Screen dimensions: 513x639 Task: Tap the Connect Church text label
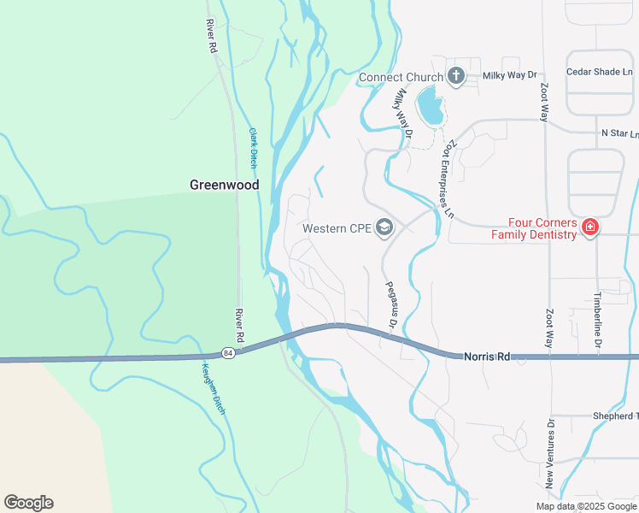[401, 78]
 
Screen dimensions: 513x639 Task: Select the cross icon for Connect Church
[456, 76]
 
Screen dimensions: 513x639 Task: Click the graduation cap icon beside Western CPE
[384, 227]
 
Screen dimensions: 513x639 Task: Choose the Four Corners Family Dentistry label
[533, 229]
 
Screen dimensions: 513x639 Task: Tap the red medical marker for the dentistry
[589, 227]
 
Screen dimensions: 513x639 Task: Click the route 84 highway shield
[226, 353]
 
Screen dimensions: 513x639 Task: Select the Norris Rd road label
[486, 356]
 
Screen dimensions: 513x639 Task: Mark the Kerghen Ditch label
[212, 389]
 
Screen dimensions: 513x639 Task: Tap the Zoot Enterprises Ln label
[446, 180]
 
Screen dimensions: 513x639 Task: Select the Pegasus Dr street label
[390, 304]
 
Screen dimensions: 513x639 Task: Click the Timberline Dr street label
[598, 319]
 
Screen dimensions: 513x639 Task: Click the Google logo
[28, 503]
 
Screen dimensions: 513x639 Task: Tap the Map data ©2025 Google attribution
[585, 506]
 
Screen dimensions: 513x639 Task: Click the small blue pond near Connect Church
[430, 107]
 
